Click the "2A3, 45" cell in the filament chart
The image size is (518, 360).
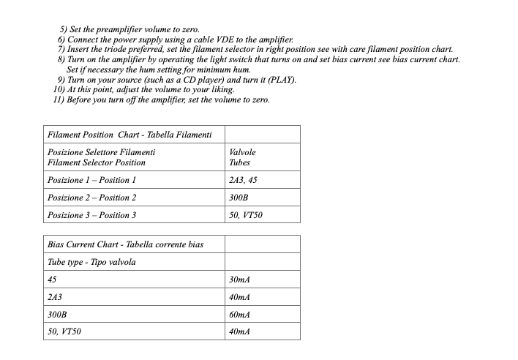244,180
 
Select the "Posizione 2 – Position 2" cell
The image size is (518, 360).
91,198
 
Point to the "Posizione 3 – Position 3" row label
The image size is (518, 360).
91,215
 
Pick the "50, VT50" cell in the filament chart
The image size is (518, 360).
246,215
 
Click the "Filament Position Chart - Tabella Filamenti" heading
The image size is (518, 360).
129,135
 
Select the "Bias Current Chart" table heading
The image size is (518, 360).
125,244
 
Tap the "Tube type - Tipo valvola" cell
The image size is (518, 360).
91,262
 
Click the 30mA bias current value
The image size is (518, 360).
240,280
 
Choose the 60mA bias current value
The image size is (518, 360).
240,315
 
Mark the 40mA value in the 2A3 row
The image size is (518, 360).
240,297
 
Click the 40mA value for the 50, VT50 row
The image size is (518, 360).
240,332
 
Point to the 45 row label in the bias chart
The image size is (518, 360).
52,280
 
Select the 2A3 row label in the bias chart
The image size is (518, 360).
54,297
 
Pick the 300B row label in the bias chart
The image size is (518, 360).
57,315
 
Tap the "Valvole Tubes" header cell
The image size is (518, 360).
242,157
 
